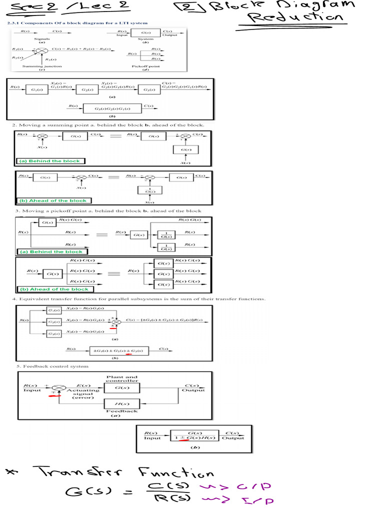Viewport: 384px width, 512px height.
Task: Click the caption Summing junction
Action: [x=42, y=66]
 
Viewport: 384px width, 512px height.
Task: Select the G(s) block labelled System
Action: [x=145, y=33]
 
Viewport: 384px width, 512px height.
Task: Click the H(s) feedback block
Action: [x=122, y=404]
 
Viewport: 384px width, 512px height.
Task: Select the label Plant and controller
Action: [x=122, y=379]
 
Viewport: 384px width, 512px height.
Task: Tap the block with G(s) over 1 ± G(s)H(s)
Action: [x=194, y=436]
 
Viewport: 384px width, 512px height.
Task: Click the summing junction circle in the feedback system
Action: [x=59, y=387]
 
